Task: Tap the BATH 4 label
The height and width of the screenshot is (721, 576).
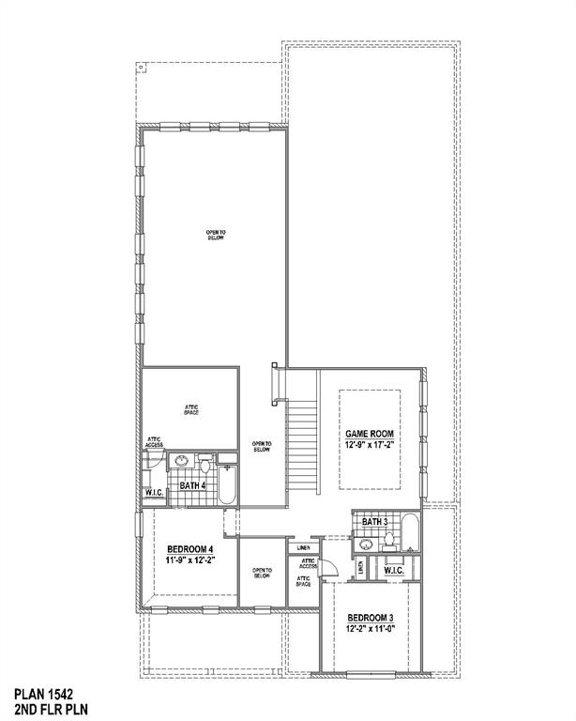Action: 192,485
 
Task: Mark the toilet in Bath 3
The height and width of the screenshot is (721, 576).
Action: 388,542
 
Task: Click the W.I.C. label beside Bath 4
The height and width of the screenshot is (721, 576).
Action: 155,493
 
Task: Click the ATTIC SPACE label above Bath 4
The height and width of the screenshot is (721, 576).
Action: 190,410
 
